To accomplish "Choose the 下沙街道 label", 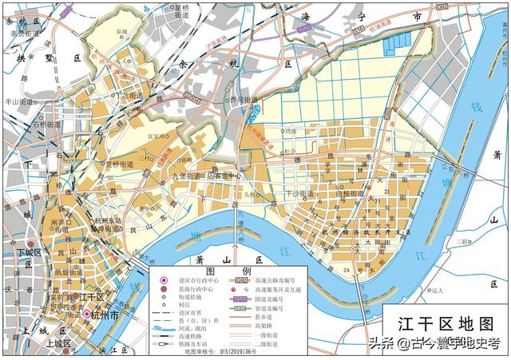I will pyautogui.click(x=301, y=193).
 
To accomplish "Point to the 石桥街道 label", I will pyautogui.click(x=46, y=125).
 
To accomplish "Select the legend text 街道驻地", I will pyautogui.click(x=193, y=298).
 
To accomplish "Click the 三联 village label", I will pyautogui.click(x=458, y=239).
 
